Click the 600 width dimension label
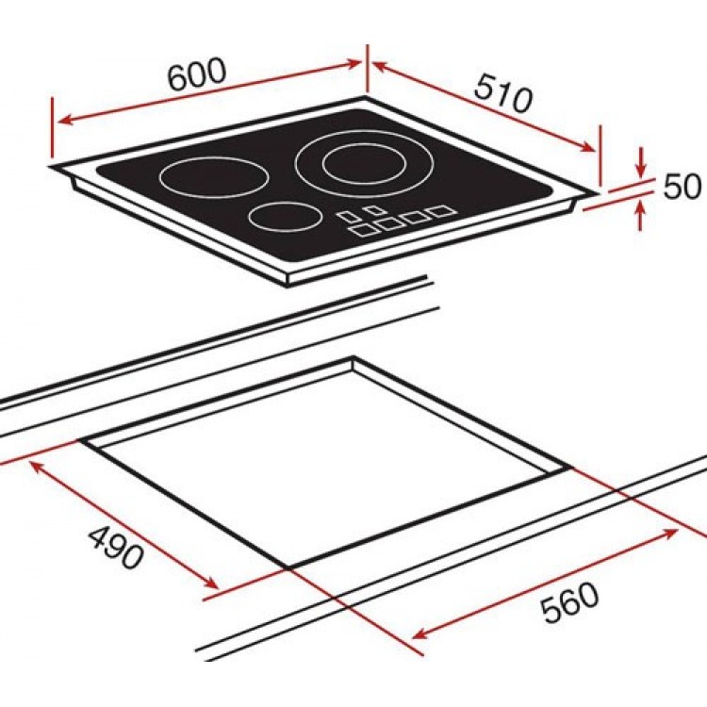tap(197, 74)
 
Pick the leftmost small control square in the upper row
tap(350, 214)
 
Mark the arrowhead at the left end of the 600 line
tap(59, 123)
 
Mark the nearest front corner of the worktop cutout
tap(288, 567)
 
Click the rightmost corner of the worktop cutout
tap(570, 467)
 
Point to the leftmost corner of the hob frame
tap(52, 167)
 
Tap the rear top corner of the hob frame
tap(366, 98)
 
